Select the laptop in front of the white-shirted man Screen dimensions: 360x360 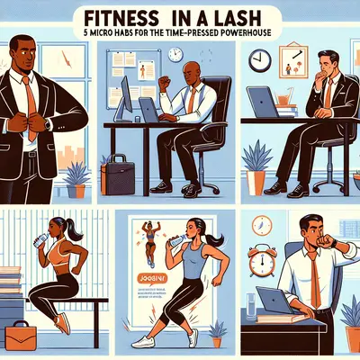pyautogui.click(x=274, y=301)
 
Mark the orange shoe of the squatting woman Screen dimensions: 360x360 pyautogui.click(x=61, y=323)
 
